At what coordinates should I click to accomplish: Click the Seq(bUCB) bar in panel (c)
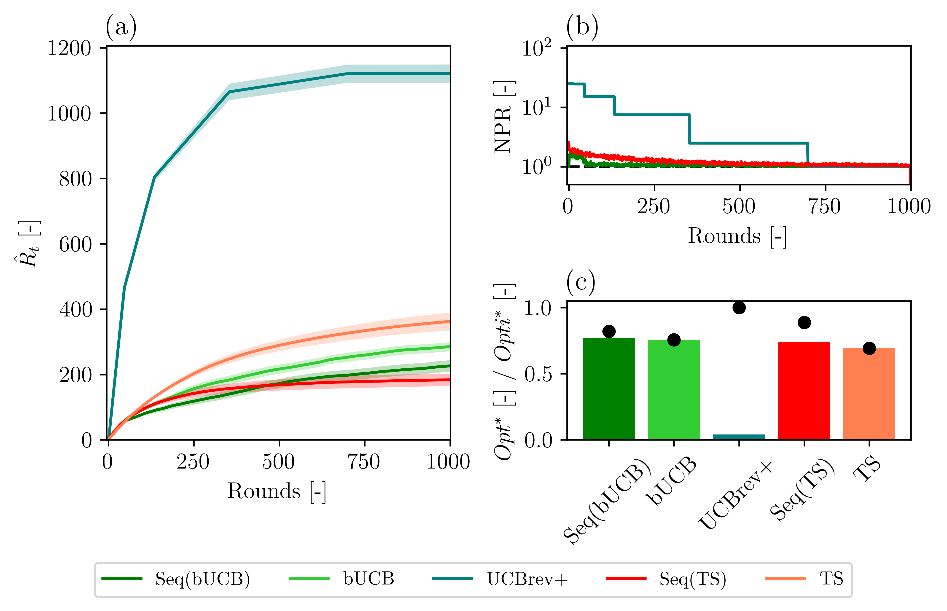click(x=608, y=389)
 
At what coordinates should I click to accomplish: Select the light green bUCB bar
click(x=674, y=390)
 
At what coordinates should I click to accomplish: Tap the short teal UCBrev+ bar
click(x=739, y=437)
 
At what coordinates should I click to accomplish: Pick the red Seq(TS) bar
click(x=804, y=391)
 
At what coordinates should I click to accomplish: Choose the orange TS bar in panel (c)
click(x=869, y=394)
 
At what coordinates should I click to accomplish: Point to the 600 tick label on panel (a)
click(x=75, y=244)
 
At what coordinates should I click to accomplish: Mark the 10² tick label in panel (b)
click(x=537, y=48)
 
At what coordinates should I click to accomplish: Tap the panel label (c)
click(x=581, y=282)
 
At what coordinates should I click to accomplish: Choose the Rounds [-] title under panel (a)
click(x=277, y=491)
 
